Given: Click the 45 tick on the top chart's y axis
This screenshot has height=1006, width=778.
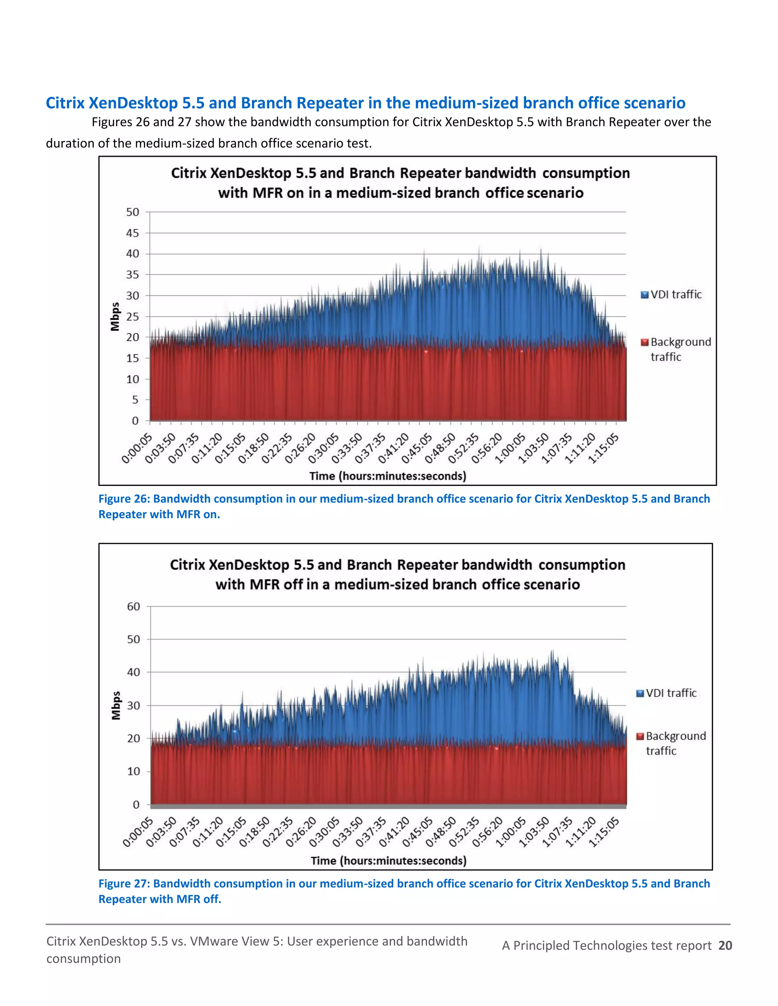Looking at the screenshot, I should (x=132, y=233).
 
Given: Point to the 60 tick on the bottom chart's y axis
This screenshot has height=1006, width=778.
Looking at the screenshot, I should (x=133, y=607).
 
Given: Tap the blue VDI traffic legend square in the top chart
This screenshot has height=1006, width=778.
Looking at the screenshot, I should (x=645, y=295).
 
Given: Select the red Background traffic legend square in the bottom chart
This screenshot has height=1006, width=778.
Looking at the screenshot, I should (x=640, y=736).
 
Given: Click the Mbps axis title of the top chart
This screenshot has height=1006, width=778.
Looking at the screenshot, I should (x=115, y=317).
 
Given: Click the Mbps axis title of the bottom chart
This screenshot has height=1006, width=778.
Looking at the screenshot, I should (x=116, y=705).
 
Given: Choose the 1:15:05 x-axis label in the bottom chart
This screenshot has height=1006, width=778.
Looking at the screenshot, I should (x=605, y=833).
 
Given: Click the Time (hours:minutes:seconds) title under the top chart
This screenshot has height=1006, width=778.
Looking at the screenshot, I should (x=387, y=476).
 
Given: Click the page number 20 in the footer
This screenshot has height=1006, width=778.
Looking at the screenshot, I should (x=725, y=946).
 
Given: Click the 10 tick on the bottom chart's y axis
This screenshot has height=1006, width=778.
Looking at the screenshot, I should (x=133, y=771).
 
